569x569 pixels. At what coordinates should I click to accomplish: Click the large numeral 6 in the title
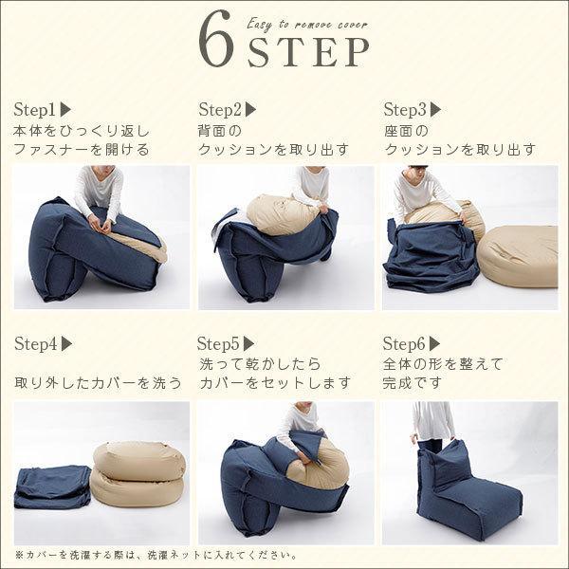[216, 39]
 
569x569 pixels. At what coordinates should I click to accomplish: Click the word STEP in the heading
[308, 52]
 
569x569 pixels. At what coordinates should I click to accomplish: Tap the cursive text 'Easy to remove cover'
[307, 25]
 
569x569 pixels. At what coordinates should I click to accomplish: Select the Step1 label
[34, 109]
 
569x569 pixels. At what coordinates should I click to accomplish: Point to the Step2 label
[220, 109]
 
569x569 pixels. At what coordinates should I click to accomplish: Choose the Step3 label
[405, 109]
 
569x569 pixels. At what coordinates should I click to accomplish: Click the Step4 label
[36, 343]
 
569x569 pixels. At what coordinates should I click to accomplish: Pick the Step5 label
[219, 343]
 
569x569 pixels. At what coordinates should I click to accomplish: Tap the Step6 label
[404, 343]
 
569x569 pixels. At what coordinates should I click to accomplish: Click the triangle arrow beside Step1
[65, 110]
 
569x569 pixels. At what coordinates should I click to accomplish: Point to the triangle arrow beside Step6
[434, 343]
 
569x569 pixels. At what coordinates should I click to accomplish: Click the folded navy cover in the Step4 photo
[52, 487]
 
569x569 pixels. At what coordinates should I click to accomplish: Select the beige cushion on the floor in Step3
[518, 257]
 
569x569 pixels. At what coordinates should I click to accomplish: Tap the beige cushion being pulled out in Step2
[283, 214]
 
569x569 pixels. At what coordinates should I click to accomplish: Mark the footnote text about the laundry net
[156, 555]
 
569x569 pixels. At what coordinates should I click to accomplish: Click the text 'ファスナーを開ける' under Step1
[82, 150]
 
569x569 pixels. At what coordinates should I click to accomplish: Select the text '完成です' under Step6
[412, 382]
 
